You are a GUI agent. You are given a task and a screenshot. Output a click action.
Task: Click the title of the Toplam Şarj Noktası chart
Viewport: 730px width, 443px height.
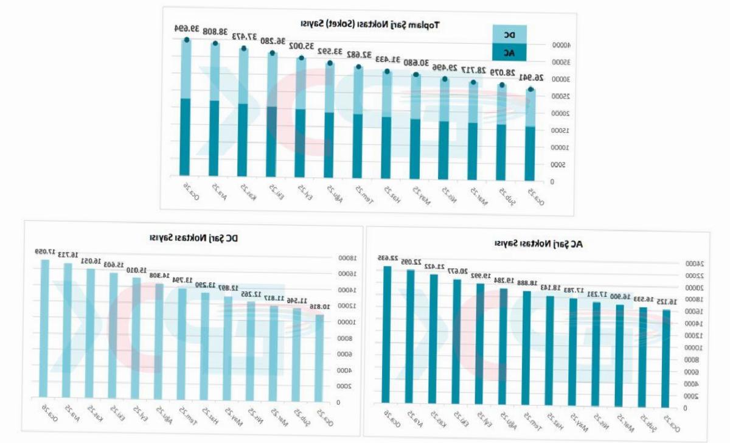pos(370,24)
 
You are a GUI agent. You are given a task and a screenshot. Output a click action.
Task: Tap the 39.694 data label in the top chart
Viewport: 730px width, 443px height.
pos(187,28)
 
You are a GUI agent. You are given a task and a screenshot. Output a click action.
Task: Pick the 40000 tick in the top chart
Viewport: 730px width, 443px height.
pos(560,44)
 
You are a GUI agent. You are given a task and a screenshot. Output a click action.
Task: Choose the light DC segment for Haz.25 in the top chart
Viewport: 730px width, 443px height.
pos(387,94)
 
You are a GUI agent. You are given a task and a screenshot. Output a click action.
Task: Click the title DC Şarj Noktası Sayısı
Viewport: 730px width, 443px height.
pos(193,237)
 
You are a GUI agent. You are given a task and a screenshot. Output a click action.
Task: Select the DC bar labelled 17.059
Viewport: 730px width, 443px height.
pos(44,329)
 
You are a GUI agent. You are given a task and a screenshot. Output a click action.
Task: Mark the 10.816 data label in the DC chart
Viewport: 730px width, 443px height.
pos(319,307)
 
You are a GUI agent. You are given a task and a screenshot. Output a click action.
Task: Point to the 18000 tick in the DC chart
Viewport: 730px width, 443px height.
pos(346,257)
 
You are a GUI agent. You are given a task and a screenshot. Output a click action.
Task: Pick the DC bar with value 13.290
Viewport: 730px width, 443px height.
pos(205,344)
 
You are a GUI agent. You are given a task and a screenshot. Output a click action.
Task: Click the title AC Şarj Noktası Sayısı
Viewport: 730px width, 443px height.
pos(538,244)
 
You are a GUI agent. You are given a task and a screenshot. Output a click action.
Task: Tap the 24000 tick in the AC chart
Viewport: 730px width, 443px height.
pos(693,263)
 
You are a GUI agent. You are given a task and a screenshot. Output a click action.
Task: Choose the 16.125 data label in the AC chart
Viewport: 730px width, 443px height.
pos(666,301)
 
